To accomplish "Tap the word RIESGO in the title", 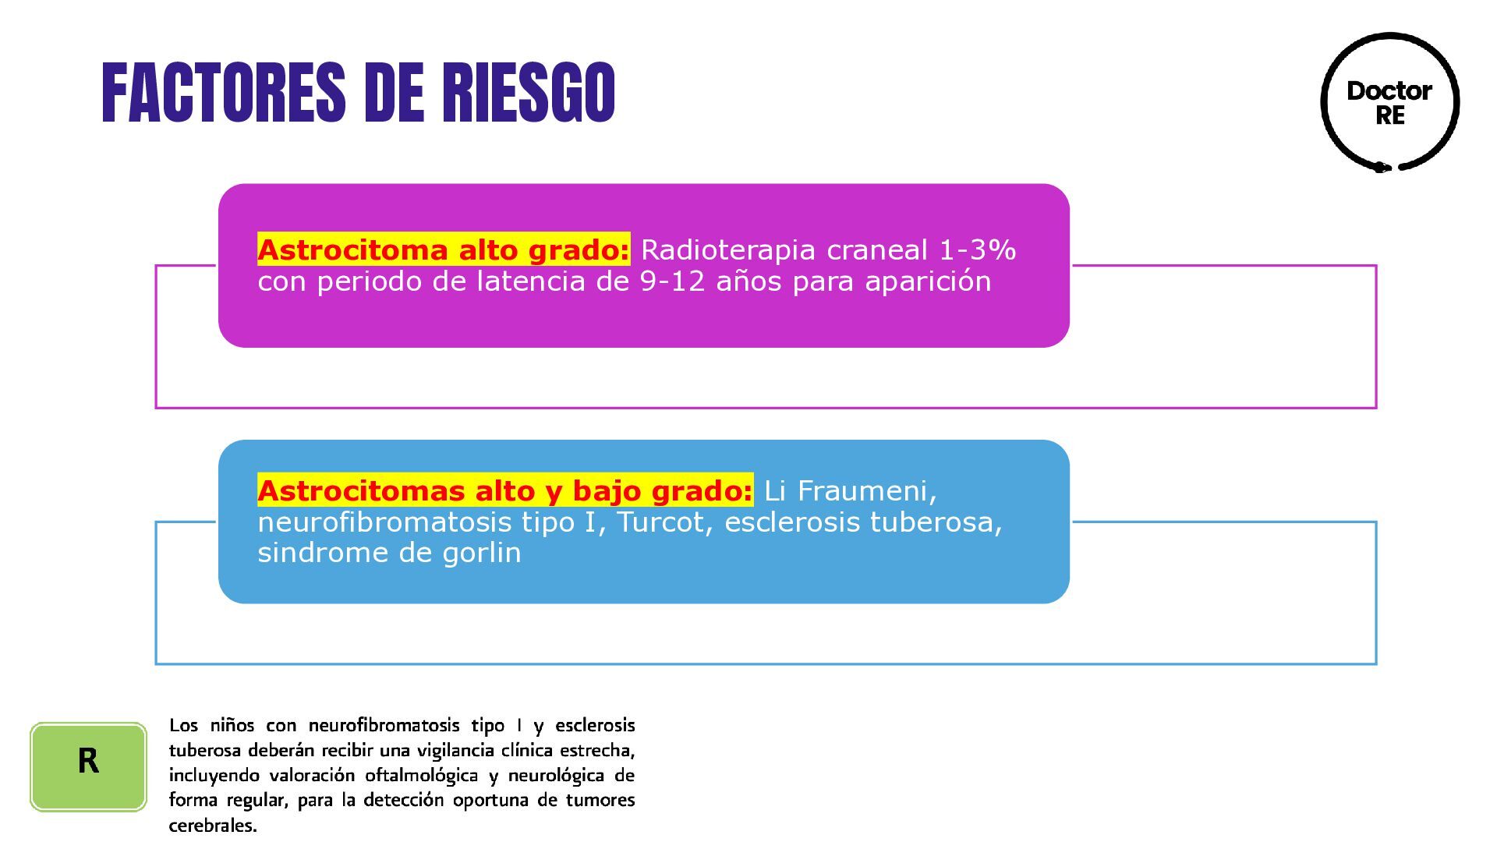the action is point(529,94).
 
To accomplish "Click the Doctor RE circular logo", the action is point(1389,102).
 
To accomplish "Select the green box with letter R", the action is point(88,766).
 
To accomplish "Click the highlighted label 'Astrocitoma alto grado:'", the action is point(443,250).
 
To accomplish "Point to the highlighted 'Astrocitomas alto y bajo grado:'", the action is point(505,490).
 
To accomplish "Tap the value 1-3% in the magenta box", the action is point(978,250).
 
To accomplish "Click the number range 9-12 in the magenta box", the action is point(672,281).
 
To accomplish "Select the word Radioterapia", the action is point(727,250).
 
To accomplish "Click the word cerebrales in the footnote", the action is point(212,825).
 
